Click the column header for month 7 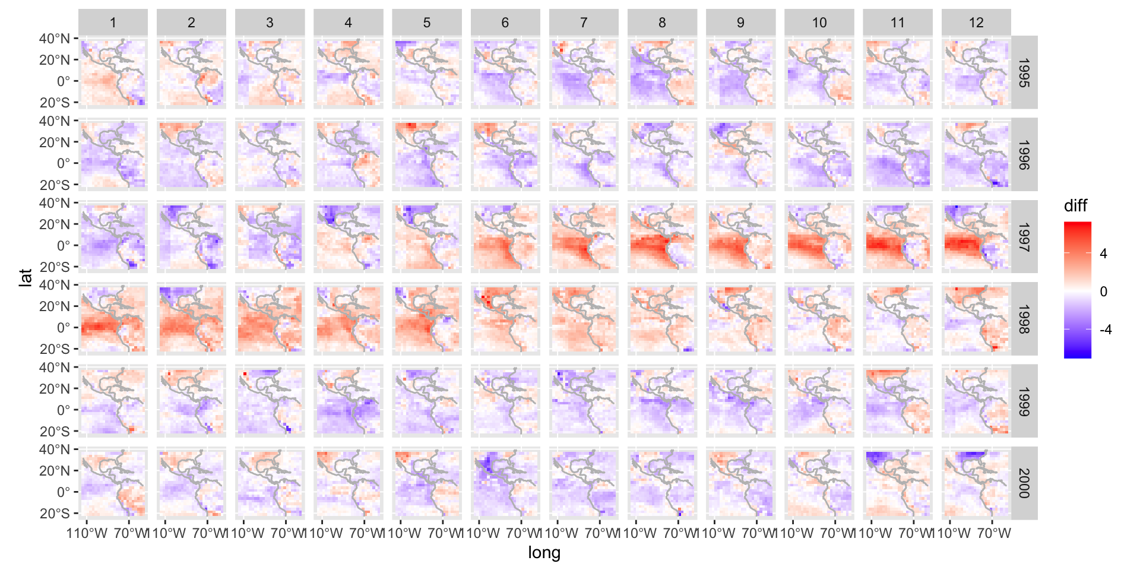coord(584,23)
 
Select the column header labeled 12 coord(976,23)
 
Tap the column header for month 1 coord(113,23)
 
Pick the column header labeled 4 coord(348,23)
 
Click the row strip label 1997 coord(1024,236)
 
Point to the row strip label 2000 coord(1024,483)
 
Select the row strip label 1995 coord(1024,72)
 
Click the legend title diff coord(1075,206)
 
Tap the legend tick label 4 coord(1103,254)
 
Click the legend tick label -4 coord(1105,330)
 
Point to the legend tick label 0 coord(1103,292)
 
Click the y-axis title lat coord(25,277)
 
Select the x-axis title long coord(544,553)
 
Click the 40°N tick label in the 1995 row coord(55,39)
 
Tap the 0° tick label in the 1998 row coord(63,328)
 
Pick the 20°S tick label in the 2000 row coord(55,514)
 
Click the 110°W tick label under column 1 coord(87,533)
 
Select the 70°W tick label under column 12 coord(994,533)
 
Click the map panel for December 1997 coord(976,236)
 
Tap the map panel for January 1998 coord(113,318)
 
